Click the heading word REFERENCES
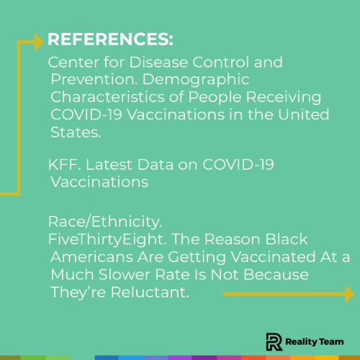(x=109, y=38)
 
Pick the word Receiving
(x=277, y=96)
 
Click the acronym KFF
(x=61, y=166)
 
